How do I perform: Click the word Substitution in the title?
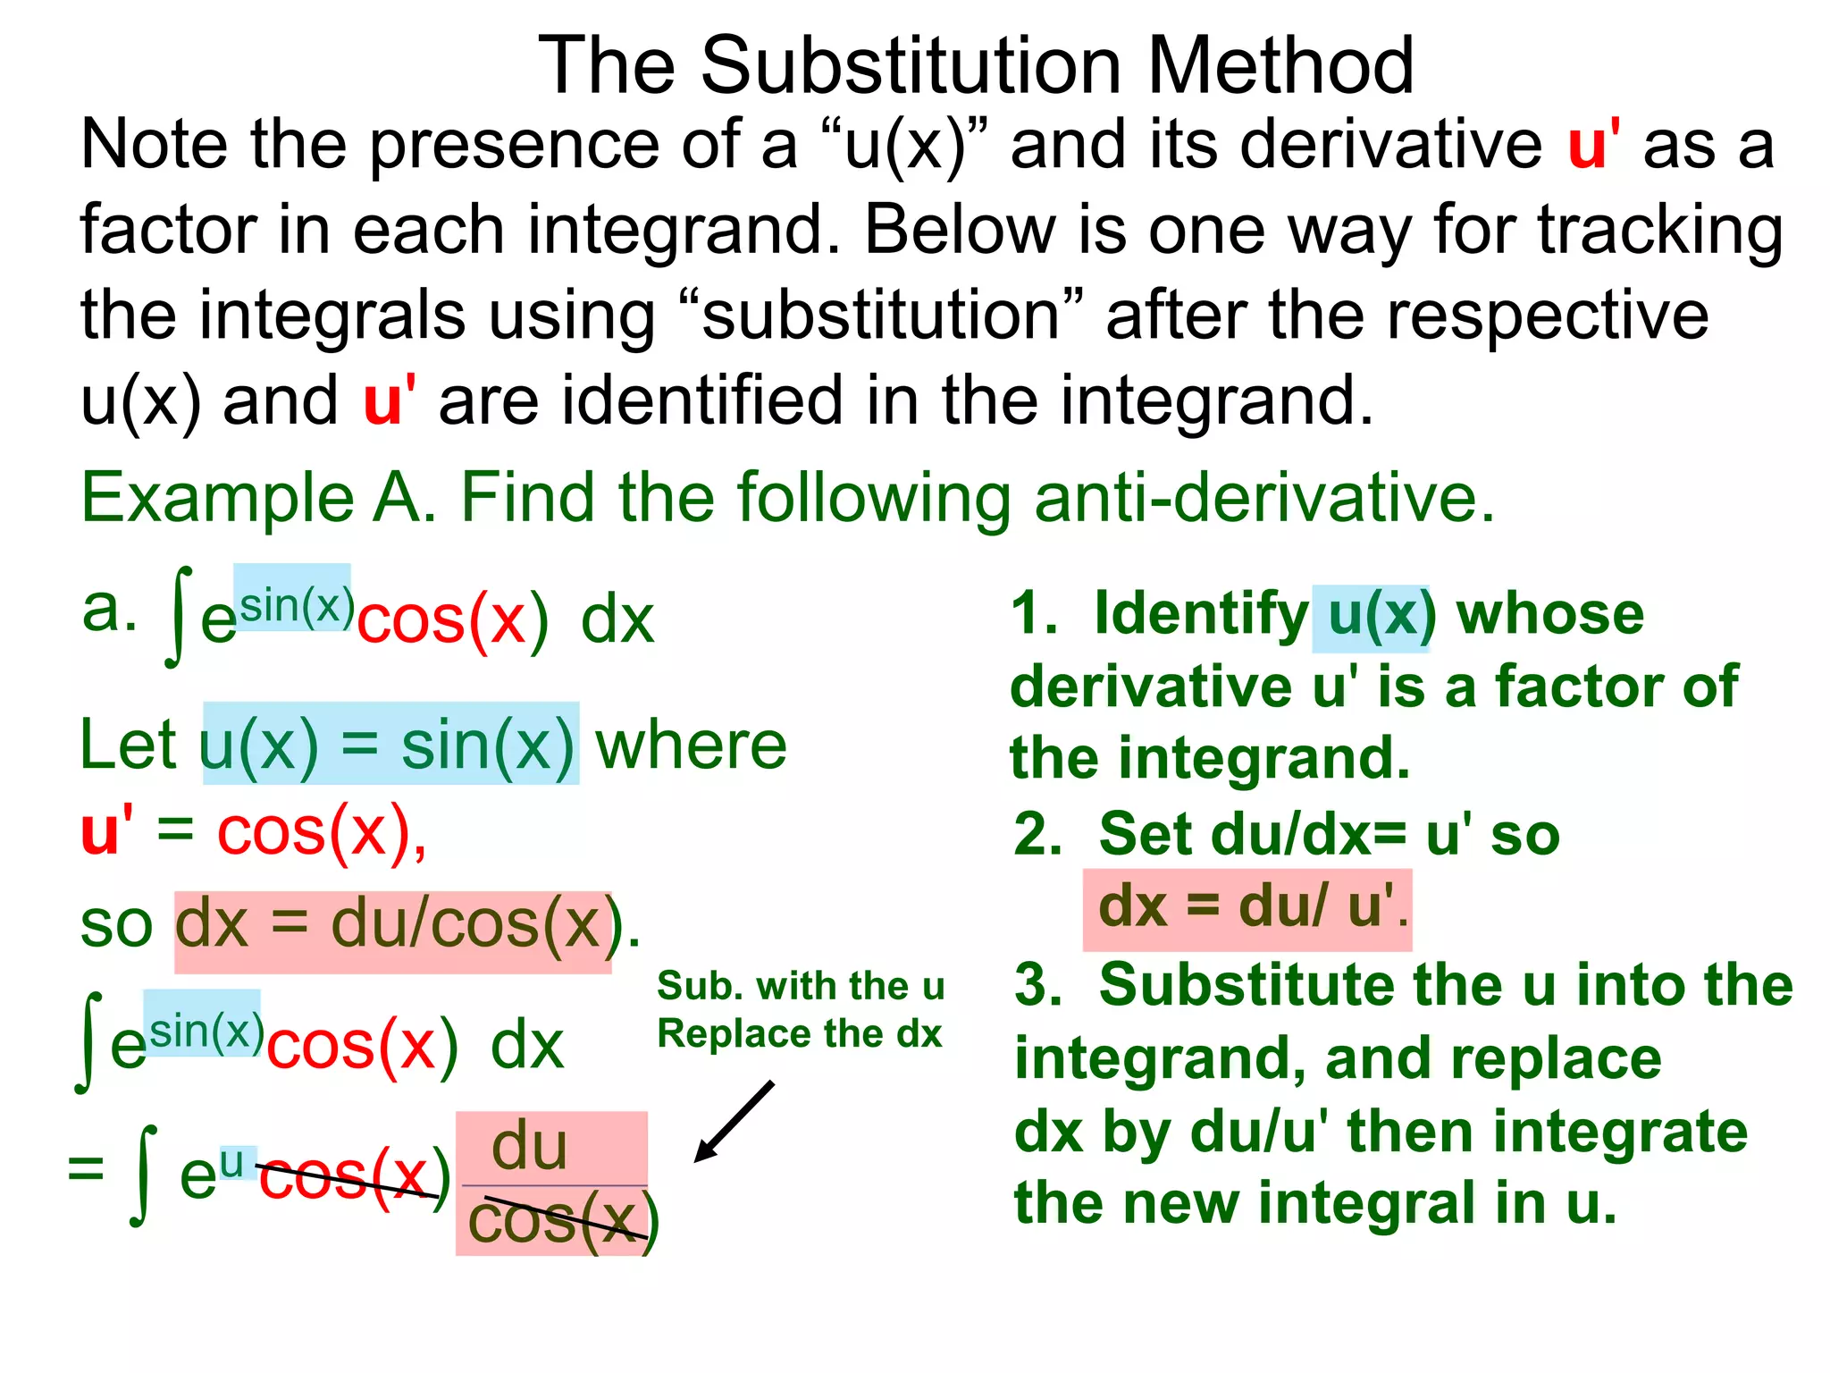click(x=911, y=66)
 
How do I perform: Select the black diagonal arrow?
click(x=734, y=1122)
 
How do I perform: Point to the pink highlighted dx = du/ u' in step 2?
click(x=1247, y=907)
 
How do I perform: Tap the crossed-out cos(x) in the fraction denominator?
click(x=563, y=1221)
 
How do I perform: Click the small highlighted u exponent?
click(x=232, y=1162)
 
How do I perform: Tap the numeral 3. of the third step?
click(x=1038, y=985)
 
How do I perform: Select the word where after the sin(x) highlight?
click(x=691, y=745)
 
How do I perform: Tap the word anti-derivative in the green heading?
click(x=1263, y=498)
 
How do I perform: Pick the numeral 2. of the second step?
click(x=1038, y=835)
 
